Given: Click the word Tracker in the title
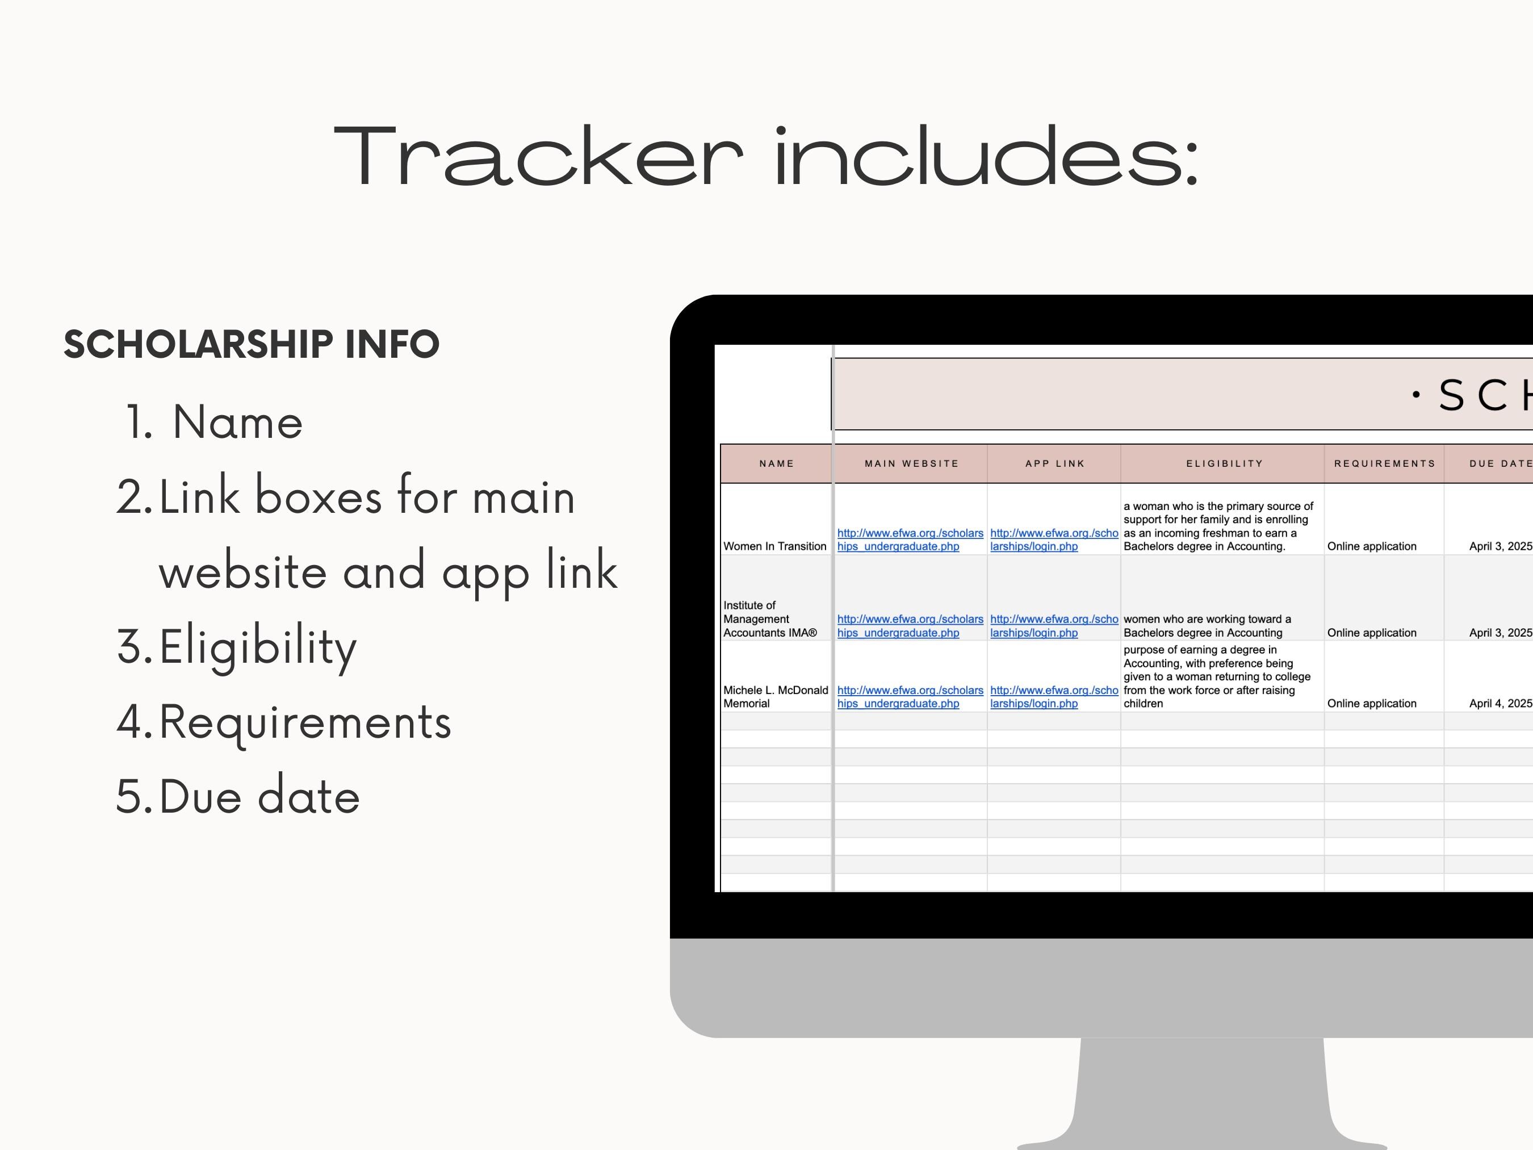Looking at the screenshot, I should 538,157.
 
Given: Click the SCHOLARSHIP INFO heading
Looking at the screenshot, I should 252,345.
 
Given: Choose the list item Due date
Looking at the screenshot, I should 259,796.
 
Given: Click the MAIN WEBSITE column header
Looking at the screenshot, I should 911,464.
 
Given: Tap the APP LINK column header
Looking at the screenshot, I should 1055,464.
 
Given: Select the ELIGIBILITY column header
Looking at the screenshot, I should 1225,464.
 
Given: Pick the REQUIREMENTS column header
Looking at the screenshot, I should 1385,464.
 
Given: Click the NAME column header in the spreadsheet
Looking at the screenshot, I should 776,464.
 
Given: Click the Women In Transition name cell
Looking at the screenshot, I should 775,546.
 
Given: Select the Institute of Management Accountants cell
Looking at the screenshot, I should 770,619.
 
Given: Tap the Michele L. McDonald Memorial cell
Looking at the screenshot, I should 775,697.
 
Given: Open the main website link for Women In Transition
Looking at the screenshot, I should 910,540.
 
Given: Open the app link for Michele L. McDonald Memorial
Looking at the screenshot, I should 1053,697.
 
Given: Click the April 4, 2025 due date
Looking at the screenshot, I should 1500,704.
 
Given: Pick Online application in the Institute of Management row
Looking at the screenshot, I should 1372,633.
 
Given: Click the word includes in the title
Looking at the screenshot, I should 986,157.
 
